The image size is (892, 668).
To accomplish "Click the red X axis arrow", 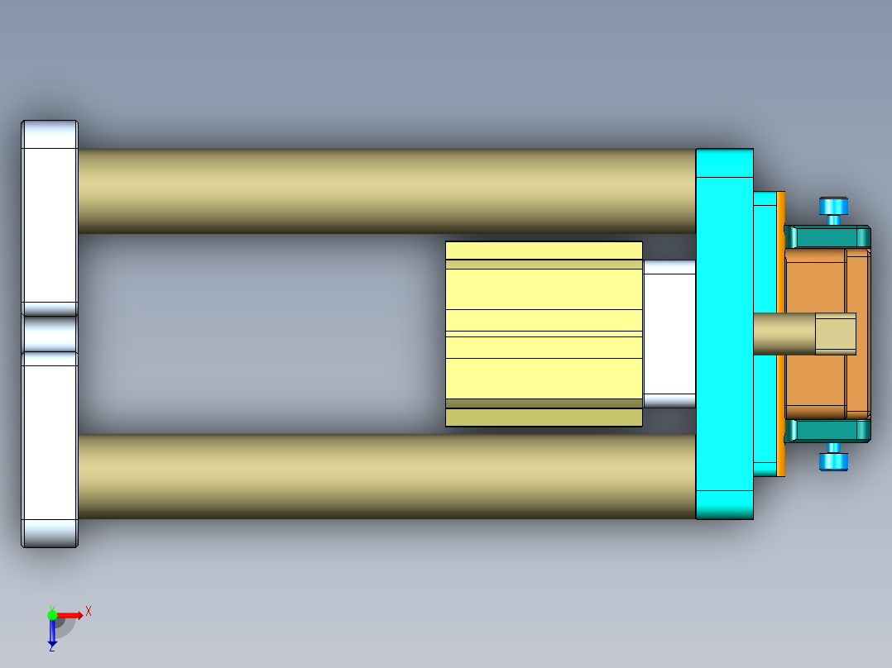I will tap(71, 614).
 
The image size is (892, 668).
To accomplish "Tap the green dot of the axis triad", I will tap(52, 614).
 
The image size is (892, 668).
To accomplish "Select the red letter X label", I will tap(89, 611).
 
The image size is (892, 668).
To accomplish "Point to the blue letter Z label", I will tap(51, 648).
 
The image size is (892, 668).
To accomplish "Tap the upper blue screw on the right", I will tap(833, 208).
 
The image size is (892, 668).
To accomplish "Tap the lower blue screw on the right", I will tap(833, 459).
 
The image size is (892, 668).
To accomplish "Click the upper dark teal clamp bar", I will tap(827, 237).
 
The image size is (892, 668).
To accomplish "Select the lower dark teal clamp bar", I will tap(827, 430).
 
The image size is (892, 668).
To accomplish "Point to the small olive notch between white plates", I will tap(50, 334).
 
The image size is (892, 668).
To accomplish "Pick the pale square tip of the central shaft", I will tap(835, 333).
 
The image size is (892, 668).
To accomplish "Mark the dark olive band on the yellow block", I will tap(544, 403).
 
